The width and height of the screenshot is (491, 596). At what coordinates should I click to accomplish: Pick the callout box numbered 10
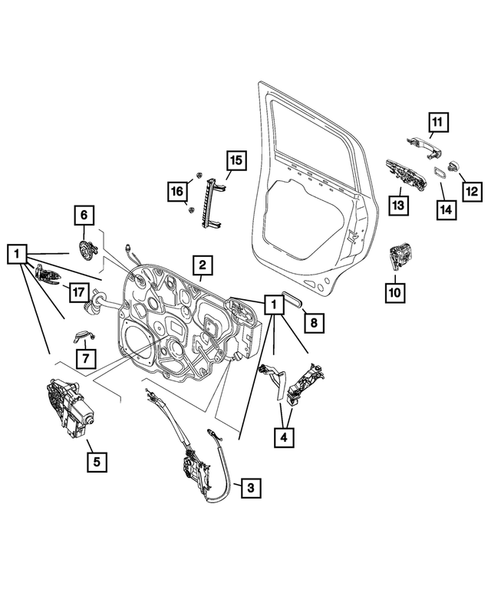(x=394, y=291)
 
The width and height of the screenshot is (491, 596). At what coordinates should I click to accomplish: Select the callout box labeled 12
(x=470, y=189)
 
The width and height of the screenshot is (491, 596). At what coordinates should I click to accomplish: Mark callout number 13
(x=399, y=206)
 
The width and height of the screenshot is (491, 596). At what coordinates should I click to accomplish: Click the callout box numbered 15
(x=236, y=160)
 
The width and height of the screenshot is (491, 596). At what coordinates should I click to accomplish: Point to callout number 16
(x=177, y=189)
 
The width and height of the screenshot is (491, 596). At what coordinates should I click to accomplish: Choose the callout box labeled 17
(x=77, y=291)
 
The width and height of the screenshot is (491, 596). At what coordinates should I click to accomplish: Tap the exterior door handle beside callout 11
(x=421, y=142)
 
